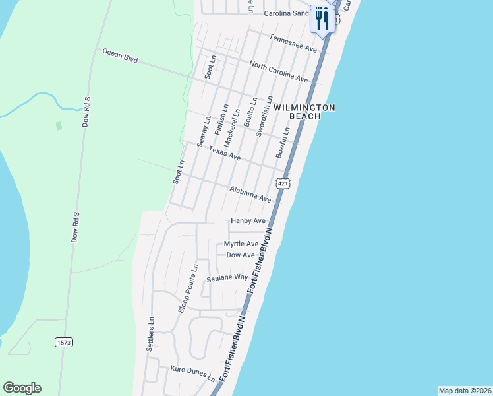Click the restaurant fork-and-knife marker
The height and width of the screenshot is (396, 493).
(x=322, y=19)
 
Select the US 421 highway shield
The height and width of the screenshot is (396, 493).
(x=283, y=183)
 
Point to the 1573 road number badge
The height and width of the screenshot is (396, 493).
(x=63, y=343)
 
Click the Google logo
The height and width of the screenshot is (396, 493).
(x=22, y=388)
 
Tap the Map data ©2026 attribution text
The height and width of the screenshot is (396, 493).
(x=465, y=390)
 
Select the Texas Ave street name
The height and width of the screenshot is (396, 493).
(x=225, y=153)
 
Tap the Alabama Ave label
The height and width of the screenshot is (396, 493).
(x=250, y=194)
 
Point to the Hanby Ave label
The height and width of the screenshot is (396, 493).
(x=248, y=221)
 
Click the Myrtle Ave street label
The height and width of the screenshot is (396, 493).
(x=241, y=244)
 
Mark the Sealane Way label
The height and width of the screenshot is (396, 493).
(x=227, y=278)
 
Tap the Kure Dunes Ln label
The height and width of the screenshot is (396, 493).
(x=192, y=374)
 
